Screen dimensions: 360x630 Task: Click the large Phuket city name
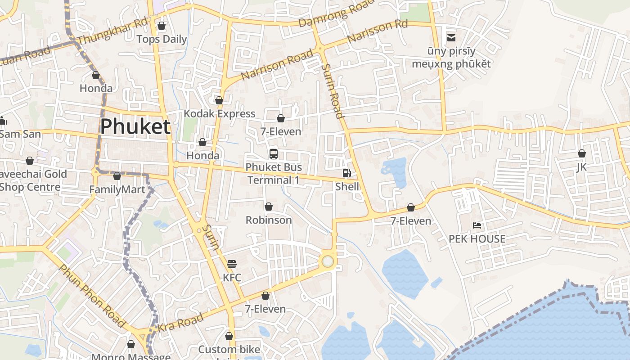[135, 127]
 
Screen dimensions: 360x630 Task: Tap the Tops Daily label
[162, 39]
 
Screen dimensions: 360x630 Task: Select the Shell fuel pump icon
[347, 173]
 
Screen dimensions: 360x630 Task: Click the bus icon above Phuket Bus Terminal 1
[273, 154]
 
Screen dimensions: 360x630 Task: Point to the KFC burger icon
[232, 264]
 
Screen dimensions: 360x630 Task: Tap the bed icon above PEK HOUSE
[477, 225]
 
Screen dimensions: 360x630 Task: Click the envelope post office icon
[451, 37]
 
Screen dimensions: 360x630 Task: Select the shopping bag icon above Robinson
[269, 207]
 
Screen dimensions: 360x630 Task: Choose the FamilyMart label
[117, 189]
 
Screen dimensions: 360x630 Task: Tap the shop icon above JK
[581, 153]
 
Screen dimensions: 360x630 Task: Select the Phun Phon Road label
[92, 296]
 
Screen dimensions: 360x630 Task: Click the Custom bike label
[229, 350]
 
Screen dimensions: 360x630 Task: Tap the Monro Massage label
[130, 356]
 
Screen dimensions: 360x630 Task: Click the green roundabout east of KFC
[328, 261]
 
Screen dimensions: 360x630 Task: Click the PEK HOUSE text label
[477, 239]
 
